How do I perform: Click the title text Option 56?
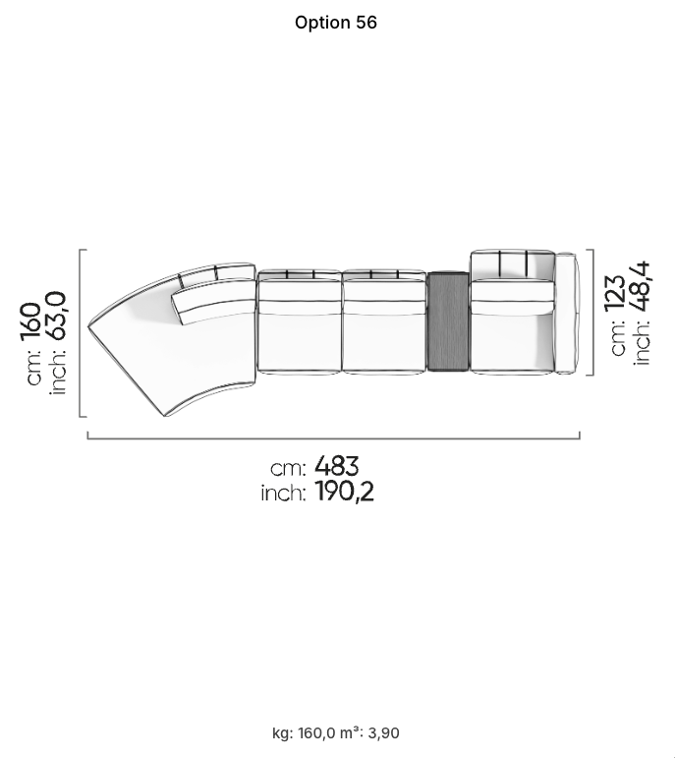coord(336,23)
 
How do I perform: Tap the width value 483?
coord(337,466)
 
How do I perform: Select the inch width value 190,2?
coord(345,493)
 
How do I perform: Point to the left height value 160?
coord(31,321)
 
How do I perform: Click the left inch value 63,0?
coord(57,316)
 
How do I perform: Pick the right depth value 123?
coord(615,292)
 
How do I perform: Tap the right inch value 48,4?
coord(641,288)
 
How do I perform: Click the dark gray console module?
coord(448,321)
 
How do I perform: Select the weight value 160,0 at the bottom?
coord(316,733)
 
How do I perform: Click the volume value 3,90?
coord(383,733)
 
